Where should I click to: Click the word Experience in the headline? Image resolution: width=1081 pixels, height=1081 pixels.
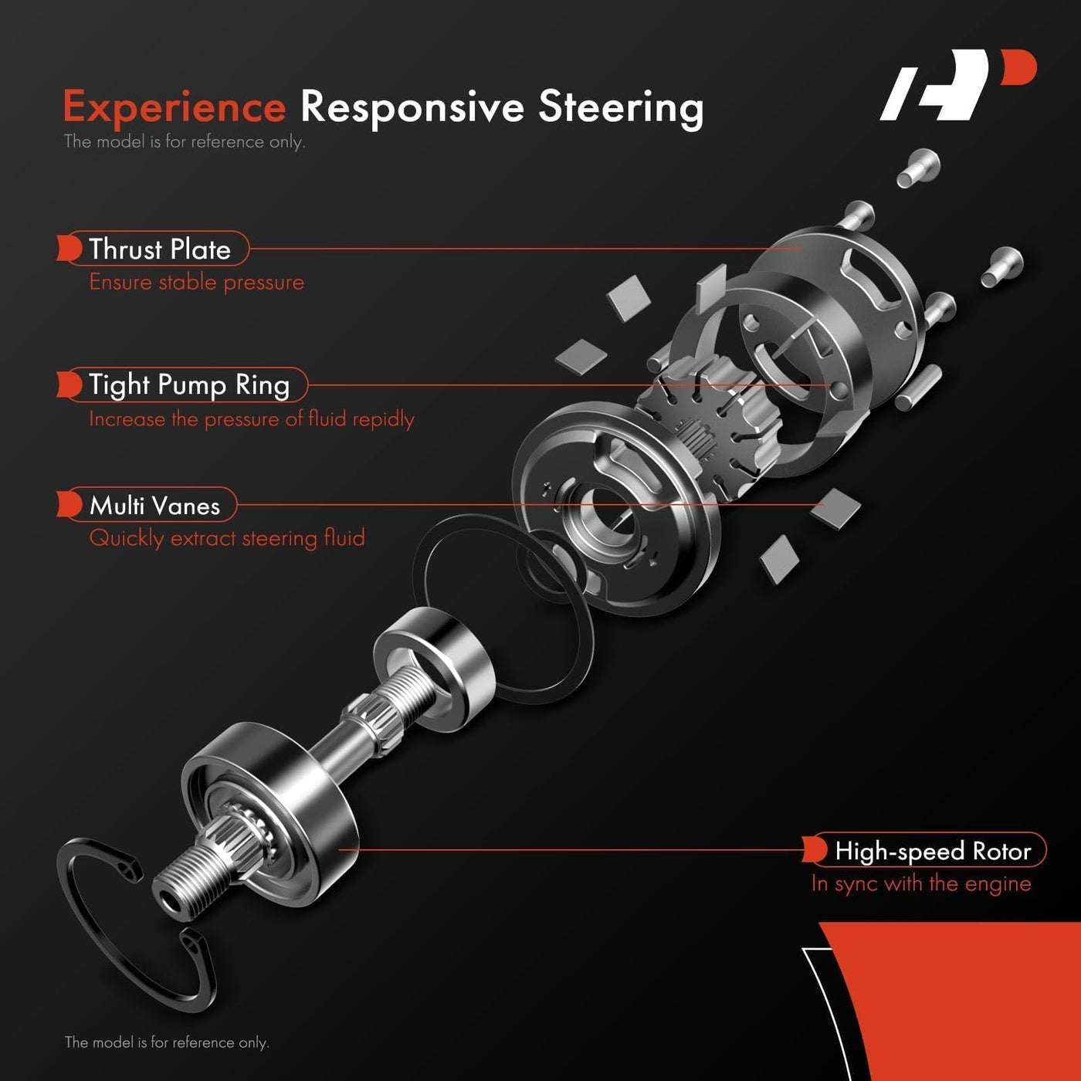[175, 107]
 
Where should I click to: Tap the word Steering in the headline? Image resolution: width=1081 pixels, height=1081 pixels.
[621, 108]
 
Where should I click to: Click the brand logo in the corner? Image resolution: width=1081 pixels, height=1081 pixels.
[958, 84]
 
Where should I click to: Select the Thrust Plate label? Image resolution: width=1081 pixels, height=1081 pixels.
[159, 249]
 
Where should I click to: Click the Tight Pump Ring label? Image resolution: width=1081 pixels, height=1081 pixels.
[189, 385]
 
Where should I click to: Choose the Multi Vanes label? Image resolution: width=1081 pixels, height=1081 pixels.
[154, 505]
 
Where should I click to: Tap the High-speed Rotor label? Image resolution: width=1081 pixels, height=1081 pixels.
[932, 850]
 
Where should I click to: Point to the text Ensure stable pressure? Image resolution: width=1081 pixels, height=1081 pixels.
[196, 282]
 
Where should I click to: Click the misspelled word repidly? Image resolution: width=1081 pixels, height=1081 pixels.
[383, 419]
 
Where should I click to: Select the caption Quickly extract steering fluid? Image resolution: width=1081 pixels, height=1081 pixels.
[227, 538]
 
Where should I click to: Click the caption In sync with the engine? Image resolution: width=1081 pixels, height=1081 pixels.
[920, 883]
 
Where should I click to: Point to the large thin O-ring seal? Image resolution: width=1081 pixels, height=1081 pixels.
[503, 608]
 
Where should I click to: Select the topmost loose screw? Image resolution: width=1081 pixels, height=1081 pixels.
[918, 168]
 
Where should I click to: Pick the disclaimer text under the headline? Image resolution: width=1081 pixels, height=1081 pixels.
[184, 141]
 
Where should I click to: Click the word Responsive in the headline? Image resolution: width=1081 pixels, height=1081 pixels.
[412, 108]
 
